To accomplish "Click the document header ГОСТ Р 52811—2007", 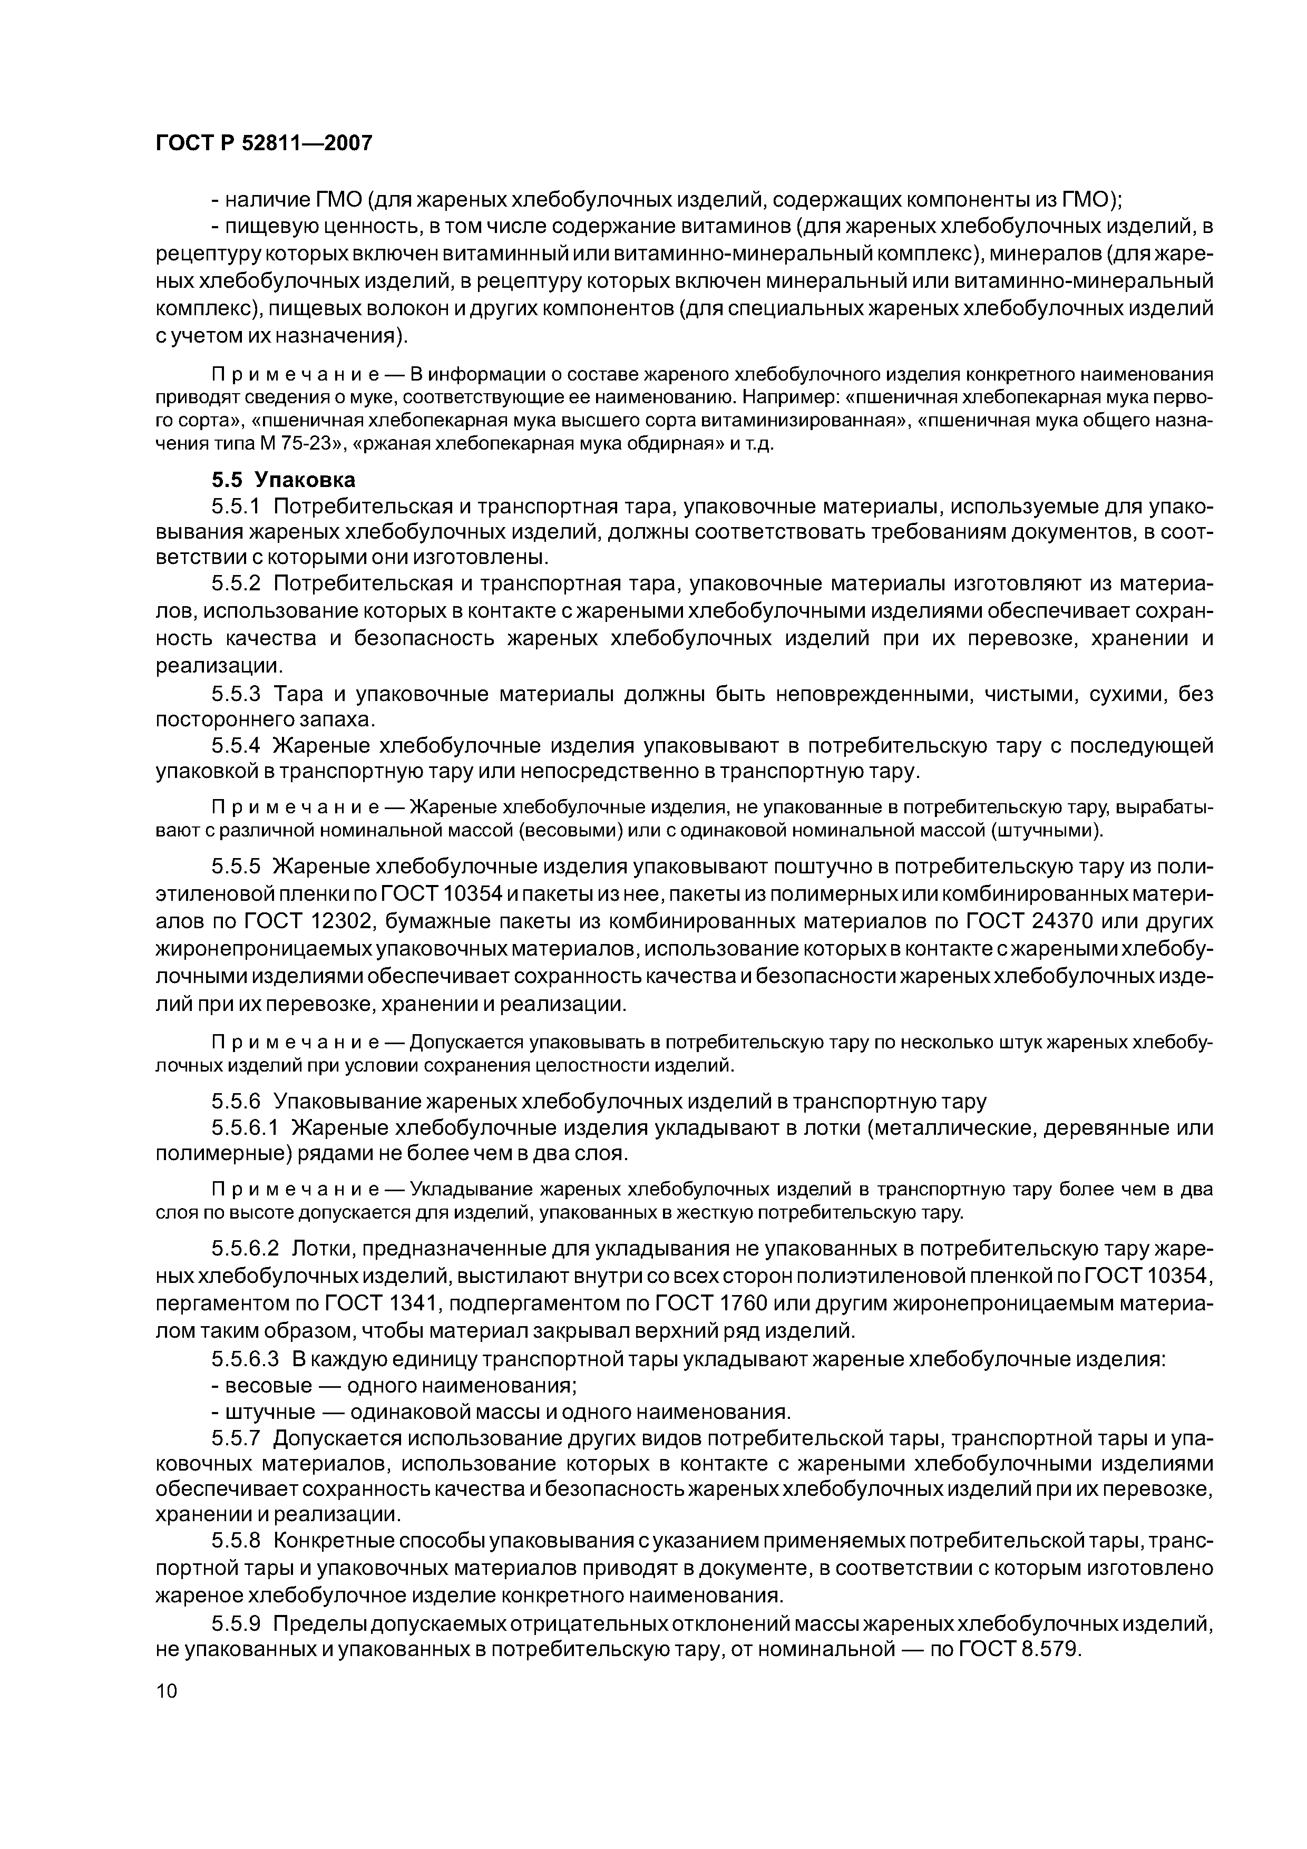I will pyautogui.click(x=264, y=143).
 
